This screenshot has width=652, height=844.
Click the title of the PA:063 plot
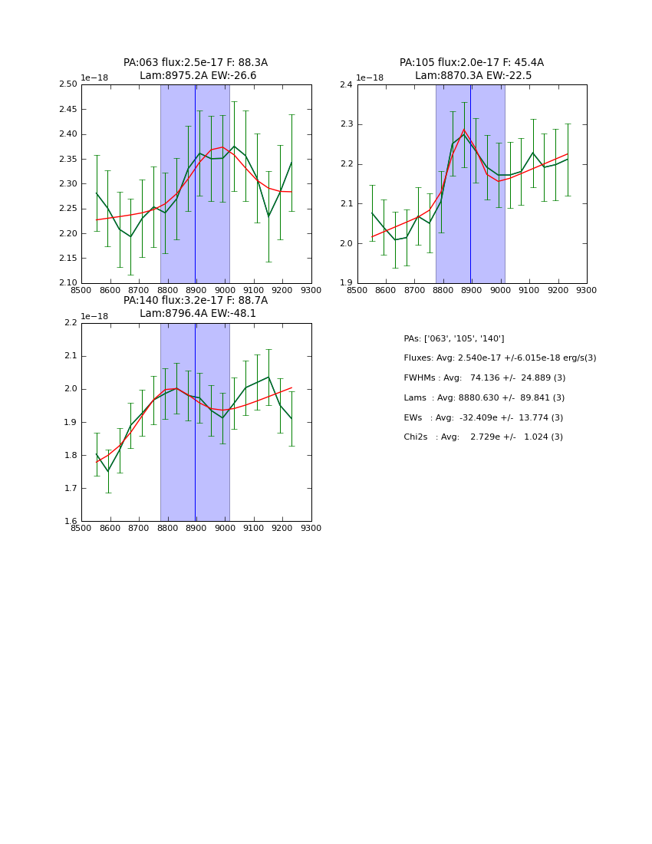click(196, 69)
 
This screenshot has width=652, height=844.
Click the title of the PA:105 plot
click(471, 69)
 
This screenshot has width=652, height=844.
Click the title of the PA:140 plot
click(196, 307)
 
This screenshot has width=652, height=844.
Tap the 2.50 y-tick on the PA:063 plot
click(69, 84)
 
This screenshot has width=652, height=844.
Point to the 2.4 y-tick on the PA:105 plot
click(345, 84)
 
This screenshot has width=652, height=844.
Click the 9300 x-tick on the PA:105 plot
click(587, 290)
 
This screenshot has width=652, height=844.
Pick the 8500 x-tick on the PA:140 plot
click(81, 528)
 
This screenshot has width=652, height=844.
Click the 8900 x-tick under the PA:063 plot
click(196, 290)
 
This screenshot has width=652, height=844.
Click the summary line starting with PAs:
click(453, 338)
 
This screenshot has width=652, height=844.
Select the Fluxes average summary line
click(499, 358)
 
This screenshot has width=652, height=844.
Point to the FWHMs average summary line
click(484, 377)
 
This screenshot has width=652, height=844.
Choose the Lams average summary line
click(484, 397)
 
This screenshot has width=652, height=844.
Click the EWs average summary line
click(483, 417)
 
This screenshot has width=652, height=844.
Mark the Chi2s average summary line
click(483, 437)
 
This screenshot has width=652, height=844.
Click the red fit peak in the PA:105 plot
click(463, 130)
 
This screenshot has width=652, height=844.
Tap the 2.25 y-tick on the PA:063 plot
click(69, 209)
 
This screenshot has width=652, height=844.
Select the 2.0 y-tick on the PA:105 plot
click(345, 243)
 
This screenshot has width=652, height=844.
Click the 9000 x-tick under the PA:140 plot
click(225, 528)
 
